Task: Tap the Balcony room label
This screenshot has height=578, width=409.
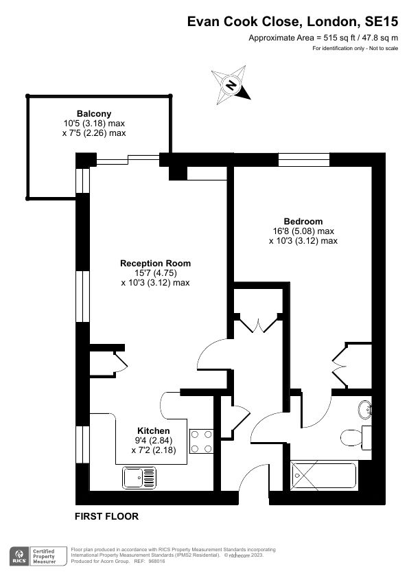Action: [x=93, y=113]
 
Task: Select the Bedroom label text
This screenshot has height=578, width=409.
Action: [x=303, y=221]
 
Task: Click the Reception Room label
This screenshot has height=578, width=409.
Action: [x=155, y=263]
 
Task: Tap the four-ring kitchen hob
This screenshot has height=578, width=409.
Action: [x=201, y=441]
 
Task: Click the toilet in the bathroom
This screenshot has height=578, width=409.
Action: [x=354, y=436]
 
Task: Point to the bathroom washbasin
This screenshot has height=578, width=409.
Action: [x=366, y=411]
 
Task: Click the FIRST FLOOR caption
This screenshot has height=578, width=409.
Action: [x=106, y=516]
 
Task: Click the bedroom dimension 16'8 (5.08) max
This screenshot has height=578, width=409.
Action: [x=303, y=231]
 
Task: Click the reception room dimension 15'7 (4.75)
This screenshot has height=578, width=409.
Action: [x=155, y=273]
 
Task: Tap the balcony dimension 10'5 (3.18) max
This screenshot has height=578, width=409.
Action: [x=93, y=124]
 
